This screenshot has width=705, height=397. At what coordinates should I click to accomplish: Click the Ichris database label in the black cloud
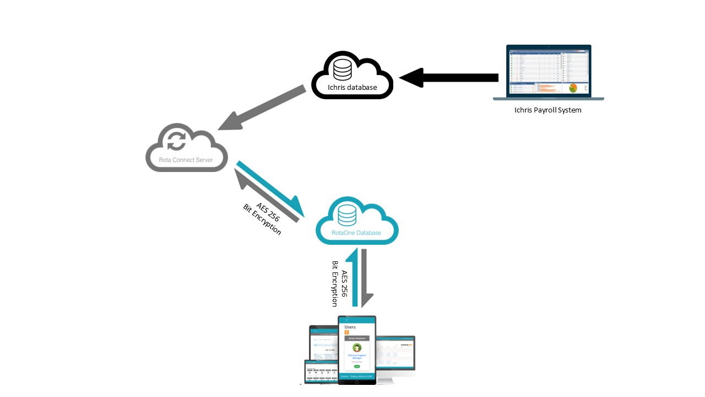click(352, 87)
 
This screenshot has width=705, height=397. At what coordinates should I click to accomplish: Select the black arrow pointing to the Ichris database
click(449, 78)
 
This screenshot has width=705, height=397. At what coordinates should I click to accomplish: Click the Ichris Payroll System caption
click(547, 110)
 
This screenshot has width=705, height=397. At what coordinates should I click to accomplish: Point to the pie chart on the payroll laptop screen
click(573, 88)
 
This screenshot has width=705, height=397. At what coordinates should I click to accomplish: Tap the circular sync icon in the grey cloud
click(177, 140)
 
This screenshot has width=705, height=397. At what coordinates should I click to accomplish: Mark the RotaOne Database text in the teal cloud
click(356, 233)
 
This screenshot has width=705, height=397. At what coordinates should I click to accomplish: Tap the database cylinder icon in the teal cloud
click(347, 215)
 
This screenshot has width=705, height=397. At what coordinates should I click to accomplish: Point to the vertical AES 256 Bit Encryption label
click(339, 283)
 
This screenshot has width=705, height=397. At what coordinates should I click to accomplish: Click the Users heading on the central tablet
click(350, 327)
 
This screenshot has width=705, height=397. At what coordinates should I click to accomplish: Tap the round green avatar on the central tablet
click(357, 347)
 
